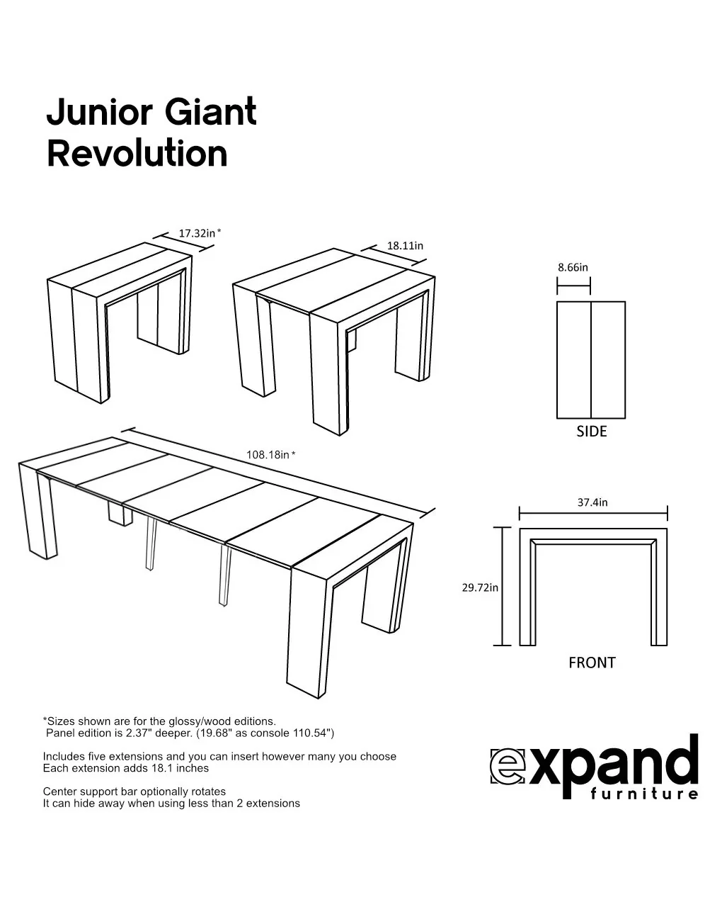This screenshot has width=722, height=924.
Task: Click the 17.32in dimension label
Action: point(197,233)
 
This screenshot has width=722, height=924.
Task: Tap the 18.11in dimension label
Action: point(405,246)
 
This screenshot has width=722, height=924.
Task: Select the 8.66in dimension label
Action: point(573,267)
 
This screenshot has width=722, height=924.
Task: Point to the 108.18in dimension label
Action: point(268,455)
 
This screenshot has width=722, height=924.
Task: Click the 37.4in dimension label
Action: point(592,502)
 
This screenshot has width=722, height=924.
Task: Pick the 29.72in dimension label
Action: point(480,587)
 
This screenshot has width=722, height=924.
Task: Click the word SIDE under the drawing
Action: point(591,432)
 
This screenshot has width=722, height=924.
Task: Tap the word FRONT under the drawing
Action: point(592,663)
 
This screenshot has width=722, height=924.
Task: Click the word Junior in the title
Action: point(100,113)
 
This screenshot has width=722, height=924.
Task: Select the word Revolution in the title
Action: point(137,154)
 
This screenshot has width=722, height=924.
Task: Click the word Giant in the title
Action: point(210,113)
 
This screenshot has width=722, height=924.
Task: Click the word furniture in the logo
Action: point(644,794)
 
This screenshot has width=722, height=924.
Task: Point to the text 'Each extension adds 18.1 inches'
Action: point(126,768)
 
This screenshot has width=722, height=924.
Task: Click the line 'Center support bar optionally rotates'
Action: point(134,791)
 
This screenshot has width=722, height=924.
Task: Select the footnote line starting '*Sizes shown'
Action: point(159,721)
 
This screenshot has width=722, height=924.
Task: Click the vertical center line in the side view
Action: point(591,360)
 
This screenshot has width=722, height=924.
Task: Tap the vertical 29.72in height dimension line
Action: point(503,586)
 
